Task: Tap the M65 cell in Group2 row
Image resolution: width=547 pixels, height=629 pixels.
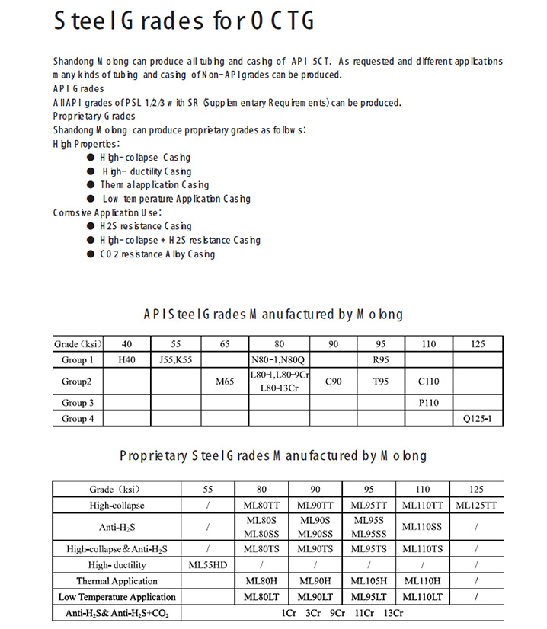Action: pos(225,382)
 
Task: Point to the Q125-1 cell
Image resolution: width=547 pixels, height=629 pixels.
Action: pos(478,418)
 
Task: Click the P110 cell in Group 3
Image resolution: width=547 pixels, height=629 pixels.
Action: pos(429,403)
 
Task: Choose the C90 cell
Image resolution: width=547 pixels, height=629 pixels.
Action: pos(333,382)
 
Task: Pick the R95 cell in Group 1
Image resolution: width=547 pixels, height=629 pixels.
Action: pos(381,360)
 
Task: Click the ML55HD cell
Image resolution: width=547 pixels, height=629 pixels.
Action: pos(208,565)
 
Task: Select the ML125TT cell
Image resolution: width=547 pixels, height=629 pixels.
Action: pos(476,505)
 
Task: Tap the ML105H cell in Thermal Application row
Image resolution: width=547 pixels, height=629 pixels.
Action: pos(369,581)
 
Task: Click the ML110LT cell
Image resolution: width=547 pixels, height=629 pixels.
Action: pos(423,597)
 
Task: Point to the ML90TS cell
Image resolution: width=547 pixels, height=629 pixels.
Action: pos(315,548)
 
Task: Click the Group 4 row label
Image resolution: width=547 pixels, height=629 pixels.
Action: pos(78,418)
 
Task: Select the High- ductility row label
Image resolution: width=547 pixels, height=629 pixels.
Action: pos(117,565)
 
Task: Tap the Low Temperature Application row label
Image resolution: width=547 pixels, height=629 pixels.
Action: pos(117,597)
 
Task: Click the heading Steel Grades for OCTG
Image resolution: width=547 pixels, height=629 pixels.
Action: pos(184,21)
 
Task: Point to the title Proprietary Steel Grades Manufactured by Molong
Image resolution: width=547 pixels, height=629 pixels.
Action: pos(273,455)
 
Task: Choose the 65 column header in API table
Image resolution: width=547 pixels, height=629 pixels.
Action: pos(225,344)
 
